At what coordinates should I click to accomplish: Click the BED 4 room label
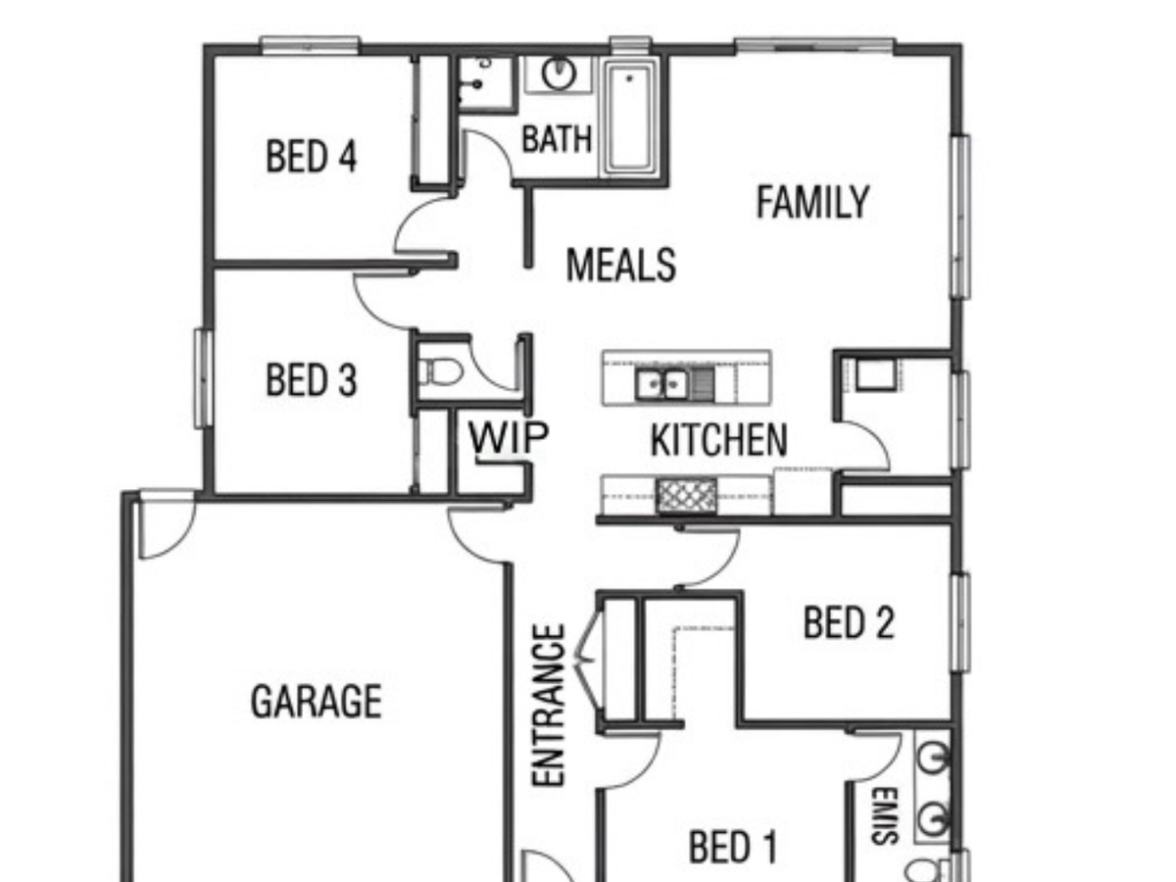tap(311, 156)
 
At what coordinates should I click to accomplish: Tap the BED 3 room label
tap(311, 379)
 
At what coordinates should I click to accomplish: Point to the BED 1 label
tap(733, 847)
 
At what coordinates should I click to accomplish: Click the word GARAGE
tap(317, 701)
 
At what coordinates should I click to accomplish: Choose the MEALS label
tap(621, 265)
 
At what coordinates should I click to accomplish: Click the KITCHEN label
tap(719, 440)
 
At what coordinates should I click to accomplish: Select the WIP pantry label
tap(509, 437)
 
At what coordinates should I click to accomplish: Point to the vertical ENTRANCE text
tap(549, 706)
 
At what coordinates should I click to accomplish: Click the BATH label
tap(557, 139)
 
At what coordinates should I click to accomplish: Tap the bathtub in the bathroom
tap(630, 117)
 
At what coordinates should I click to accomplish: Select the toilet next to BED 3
tap(439, 371)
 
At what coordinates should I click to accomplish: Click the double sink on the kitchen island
tap(661, 383)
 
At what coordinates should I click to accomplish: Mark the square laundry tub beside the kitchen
tap(875, 373)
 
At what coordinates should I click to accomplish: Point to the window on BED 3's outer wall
tap(203, 378)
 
